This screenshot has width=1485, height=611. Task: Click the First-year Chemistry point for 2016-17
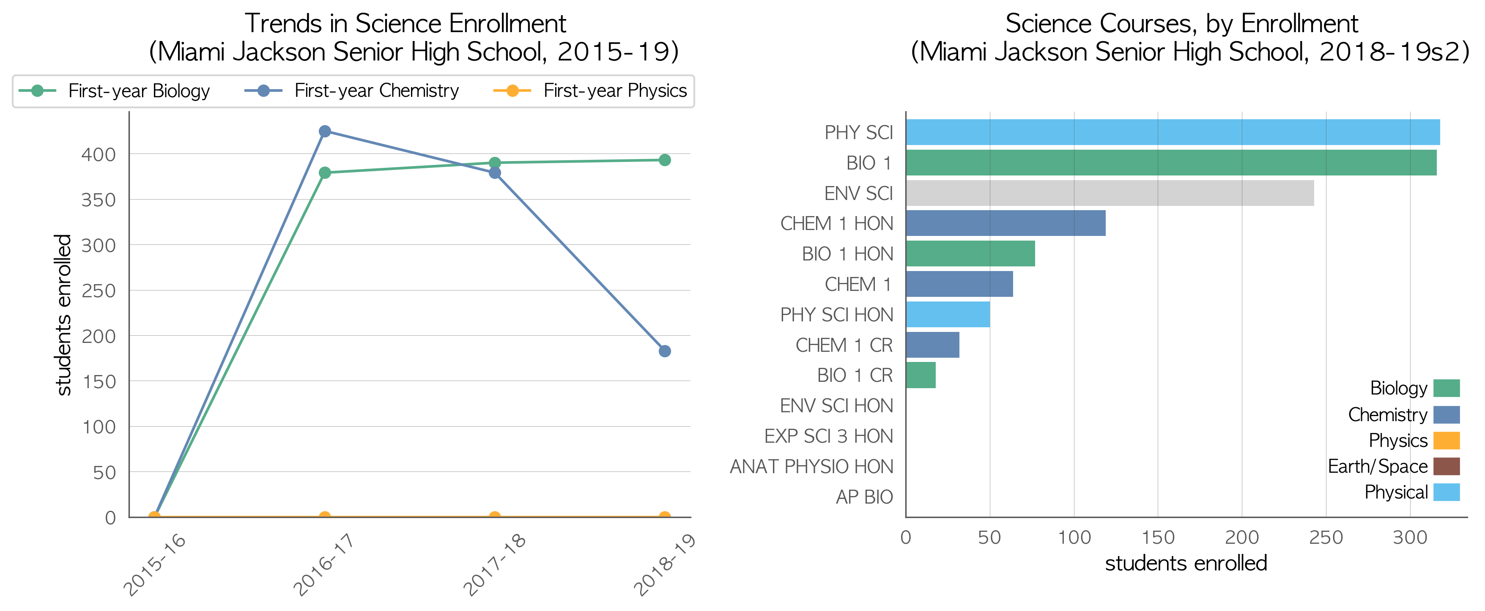coord(325,132)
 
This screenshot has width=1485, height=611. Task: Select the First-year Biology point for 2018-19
coord(665,160)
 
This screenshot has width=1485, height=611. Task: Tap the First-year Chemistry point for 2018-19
coord(665,351)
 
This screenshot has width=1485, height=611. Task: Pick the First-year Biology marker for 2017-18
coord(495,163)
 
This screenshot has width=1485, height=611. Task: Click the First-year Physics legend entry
coord(590,91)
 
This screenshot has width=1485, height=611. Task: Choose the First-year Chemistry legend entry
coord(352,91)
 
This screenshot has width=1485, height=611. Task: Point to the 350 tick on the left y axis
coord(99,200)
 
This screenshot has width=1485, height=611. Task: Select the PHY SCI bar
coord(1173,132)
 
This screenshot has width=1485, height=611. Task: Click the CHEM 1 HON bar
coord(1006,223)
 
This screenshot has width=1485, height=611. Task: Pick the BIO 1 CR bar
coord(921,375)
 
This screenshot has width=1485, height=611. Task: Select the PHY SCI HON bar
coord(948,315)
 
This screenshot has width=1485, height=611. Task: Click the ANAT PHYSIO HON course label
coord(812,466)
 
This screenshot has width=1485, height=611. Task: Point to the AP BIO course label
coord(864,497)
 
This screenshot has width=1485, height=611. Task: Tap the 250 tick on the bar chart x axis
coord(1326,537)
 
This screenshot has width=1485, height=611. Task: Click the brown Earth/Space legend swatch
coord(1447,466)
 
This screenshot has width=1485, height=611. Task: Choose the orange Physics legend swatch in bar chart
coord(1447,440)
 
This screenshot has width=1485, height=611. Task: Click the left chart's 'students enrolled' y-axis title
coord(63,315)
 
